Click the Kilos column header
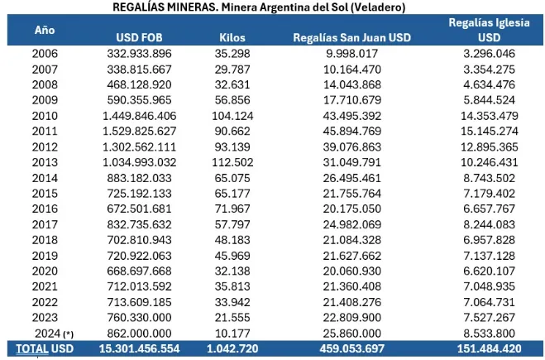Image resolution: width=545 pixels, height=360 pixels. coord(232,37)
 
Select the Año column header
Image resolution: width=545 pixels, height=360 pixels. coord(45,29)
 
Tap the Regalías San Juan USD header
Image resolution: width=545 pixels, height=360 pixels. coord(353,37)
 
